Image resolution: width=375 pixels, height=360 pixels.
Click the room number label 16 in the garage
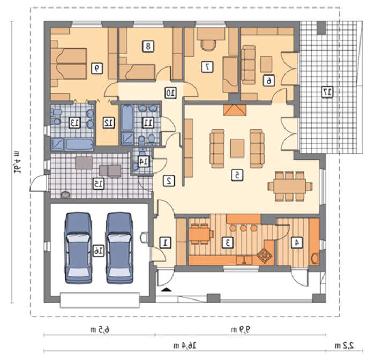pos(98,251)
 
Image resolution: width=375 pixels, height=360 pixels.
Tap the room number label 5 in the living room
pos(237,175)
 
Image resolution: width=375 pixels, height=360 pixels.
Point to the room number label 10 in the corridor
pos(170,93)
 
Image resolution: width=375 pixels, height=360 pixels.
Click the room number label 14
pos(144,161)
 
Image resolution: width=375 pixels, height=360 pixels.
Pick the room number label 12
pos(109,123)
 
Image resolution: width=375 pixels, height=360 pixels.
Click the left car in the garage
pos(78,248)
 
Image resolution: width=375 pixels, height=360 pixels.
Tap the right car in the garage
pos(119,248)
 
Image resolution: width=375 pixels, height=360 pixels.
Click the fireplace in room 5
pos(235,110)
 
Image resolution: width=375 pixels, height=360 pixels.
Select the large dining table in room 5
pos(290,186)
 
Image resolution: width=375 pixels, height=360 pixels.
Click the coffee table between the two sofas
pos(237,148)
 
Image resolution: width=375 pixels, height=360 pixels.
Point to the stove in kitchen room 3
pos(265,256)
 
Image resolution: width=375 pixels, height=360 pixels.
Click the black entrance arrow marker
pos(167,290)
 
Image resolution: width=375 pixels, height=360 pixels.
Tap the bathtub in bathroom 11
pos(127,118)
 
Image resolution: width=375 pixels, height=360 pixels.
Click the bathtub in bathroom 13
pos(79,144)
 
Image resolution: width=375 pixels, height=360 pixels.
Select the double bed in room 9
pos(69,64)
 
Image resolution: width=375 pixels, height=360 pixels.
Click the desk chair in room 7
pos(208,45)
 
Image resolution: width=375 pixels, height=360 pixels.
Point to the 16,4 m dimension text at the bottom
pos(184,346)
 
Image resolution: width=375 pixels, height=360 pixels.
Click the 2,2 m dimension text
pos(344,346)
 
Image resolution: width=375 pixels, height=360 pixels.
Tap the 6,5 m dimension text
pos(100,329)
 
